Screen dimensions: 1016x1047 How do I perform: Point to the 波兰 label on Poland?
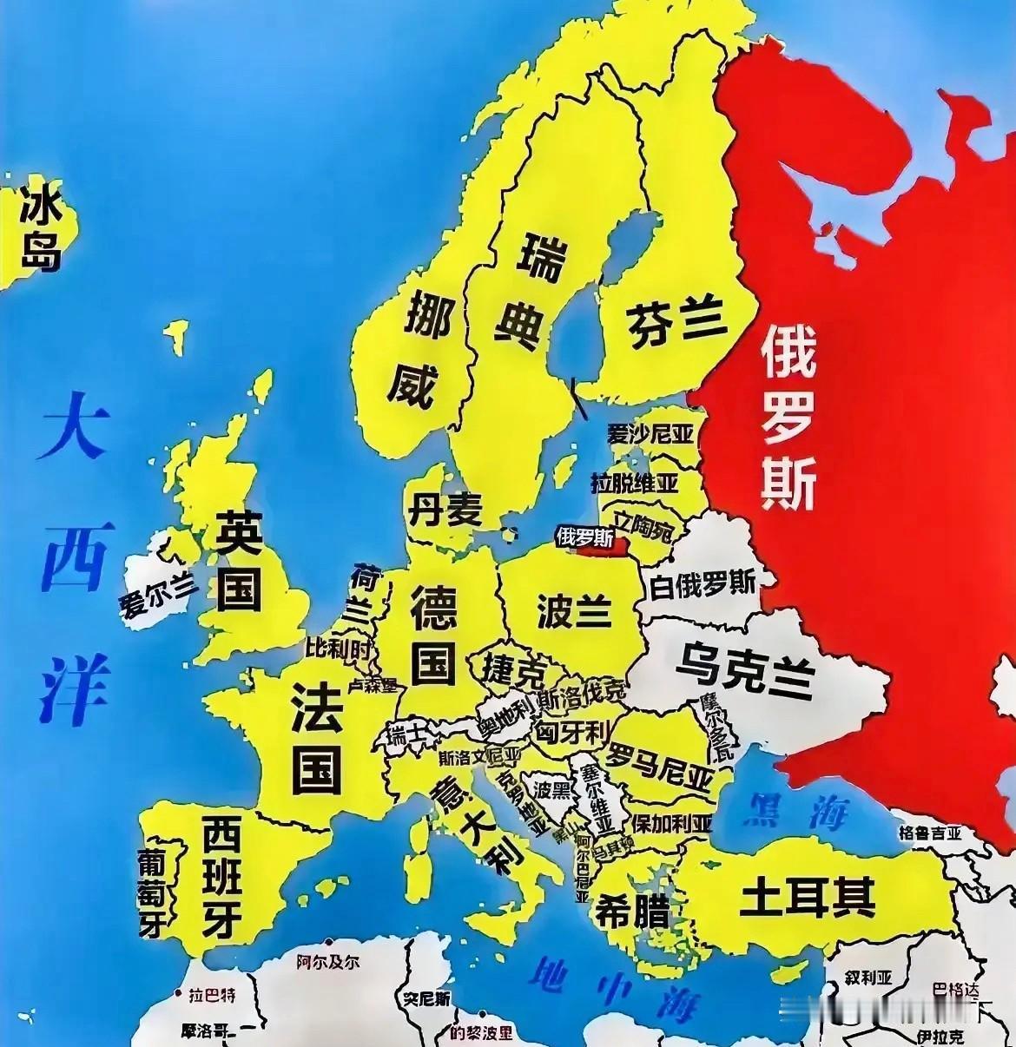pyautogui.click(x=574, y=610)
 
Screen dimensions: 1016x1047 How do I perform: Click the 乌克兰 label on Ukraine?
pyautogui.click(x=744, y=669)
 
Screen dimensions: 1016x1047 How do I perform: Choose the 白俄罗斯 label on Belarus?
pyautogui.click(x=703, y=583)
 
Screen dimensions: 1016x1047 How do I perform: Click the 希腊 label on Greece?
pyautogui.click(x=631, y=912)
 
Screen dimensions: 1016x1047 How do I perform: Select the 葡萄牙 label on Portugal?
pyautogui.click(x=153, y=892)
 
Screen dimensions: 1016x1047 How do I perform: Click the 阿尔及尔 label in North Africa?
pyautogui.click(x=327, y=961)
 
